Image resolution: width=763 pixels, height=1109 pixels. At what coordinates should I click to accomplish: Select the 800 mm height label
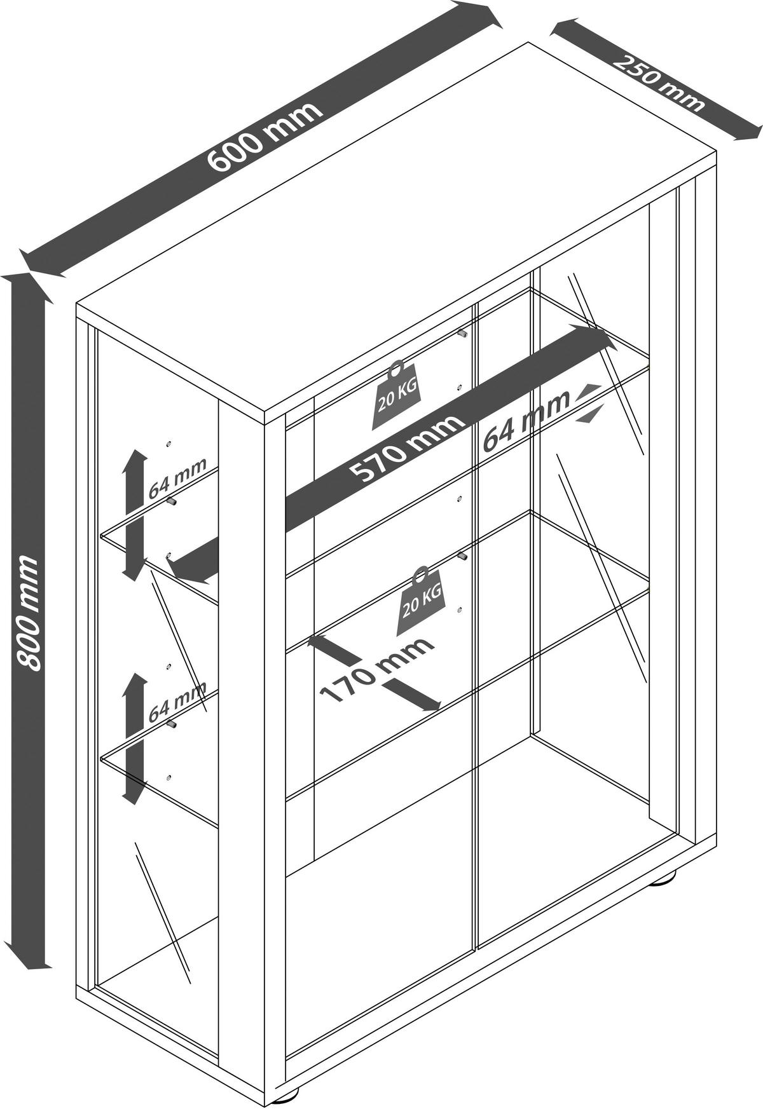tap(28, 613)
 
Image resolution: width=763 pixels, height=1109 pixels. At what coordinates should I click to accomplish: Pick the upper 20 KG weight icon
tap(397, 396)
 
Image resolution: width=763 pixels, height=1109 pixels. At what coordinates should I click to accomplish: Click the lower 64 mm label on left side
tap(177, 702)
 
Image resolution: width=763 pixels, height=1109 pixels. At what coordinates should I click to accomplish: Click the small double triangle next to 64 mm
tap(588, 403)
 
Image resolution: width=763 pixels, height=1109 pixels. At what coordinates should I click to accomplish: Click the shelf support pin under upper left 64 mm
tap(172, 502)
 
